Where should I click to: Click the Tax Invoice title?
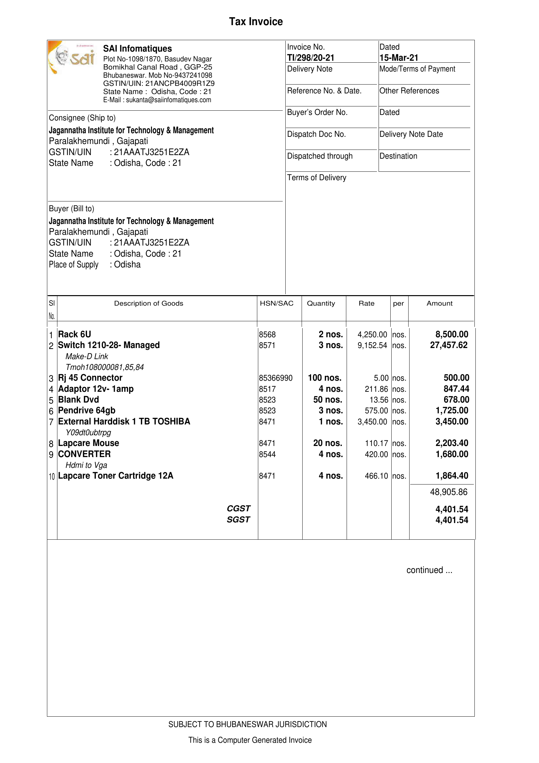click(256, 22)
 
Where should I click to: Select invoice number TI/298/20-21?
click(311, 58)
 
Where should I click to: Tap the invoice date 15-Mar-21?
click(398, 58)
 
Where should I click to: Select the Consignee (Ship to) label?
click(82, 118)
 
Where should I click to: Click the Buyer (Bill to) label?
click(71, 209)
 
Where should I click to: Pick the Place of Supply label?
click(74, 264)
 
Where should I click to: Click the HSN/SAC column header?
click(277, 303)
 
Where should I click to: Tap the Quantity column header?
click(321, 303)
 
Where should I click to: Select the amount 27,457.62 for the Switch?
click(449, 345)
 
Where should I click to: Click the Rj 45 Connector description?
click(90, 378)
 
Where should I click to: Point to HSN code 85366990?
click(276, 378)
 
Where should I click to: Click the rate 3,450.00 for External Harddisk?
click(372, 422)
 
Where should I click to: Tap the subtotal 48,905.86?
click(448, 492)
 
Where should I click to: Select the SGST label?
click(238, 520)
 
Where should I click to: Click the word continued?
click(425, 570)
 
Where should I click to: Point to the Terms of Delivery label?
click(317, 178)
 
